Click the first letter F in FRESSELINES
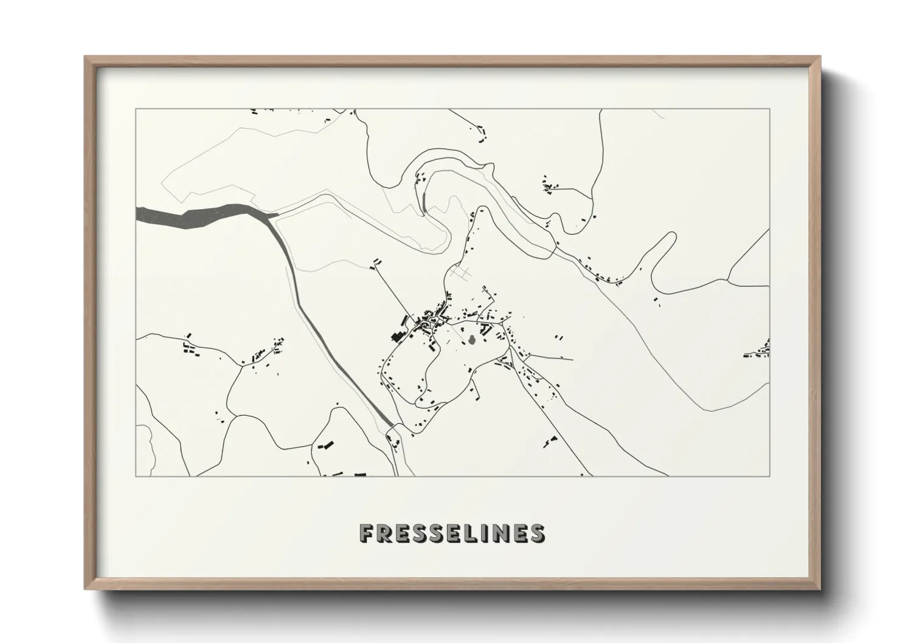tap(367, 533)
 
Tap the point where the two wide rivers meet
tap(271, 215)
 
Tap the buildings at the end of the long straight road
tap(377, 262)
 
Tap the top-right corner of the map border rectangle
tap(769, 109)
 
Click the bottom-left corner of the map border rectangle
tap(136, 476)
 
